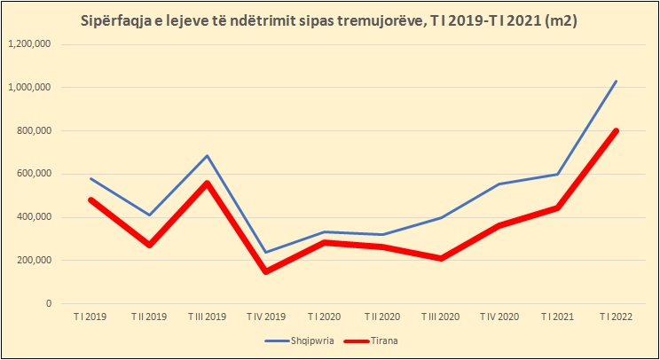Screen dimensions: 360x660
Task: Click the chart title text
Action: pos(329,20)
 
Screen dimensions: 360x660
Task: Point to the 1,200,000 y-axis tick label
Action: pos(29,44)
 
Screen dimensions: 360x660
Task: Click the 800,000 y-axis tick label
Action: pos(33,131)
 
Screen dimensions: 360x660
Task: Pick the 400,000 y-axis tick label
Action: pos(33,217)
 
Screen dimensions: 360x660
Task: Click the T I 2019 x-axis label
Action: pos(91,316)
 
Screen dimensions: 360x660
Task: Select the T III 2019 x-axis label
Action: pos(208,316)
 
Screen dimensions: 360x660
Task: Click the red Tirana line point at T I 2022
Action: pos(616,131)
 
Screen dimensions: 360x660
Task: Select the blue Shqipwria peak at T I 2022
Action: pos(617,82)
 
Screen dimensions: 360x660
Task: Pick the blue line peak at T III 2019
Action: pos(208,156)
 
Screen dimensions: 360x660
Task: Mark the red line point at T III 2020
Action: pos(441,258)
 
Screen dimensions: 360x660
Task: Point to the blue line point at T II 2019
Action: pos(150,215)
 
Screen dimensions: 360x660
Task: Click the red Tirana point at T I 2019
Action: pos(91,200)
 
